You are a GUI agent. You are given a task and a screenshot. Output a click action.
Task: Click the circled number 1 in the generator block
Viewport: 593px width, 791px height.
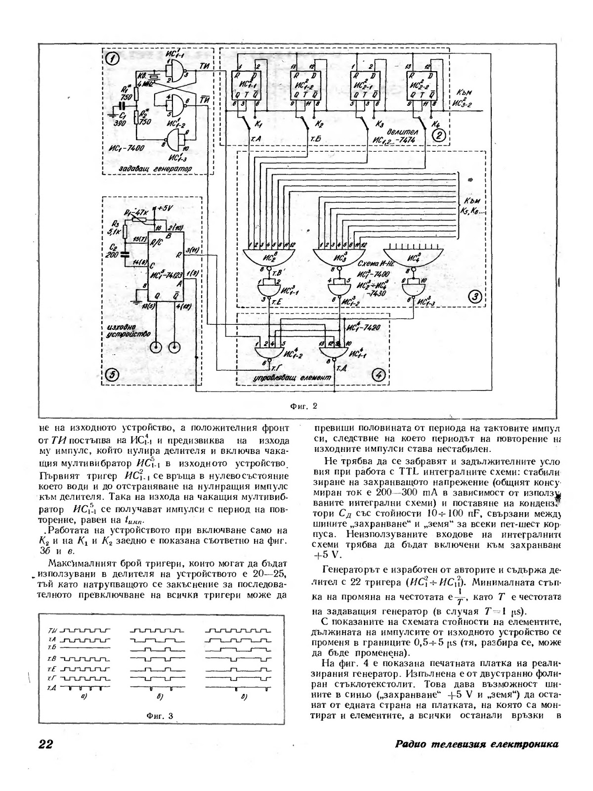click(113, 59)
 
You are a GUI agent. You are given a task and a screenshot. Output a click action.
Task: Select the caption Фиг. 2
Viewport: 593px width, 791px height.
click(303, 407)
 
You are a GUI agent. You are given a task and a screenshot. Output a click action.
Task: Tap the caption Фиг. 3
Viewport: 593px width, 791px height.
click(160, 715)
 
